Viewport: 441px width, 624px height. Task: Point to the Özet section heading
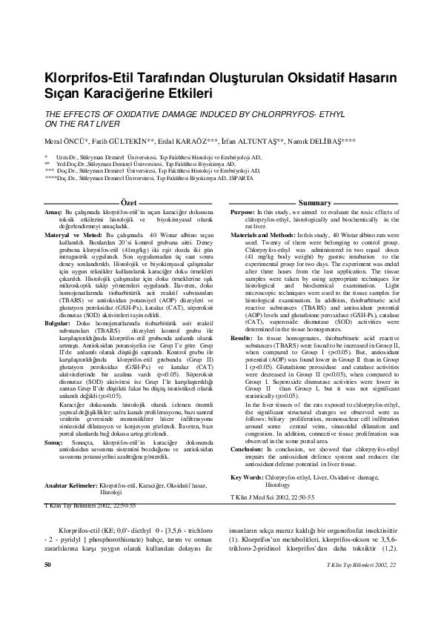128,202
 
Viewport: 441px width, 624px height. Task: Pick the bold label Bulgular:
59,324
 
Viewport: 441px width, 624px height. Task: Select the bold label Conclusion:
248,449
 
